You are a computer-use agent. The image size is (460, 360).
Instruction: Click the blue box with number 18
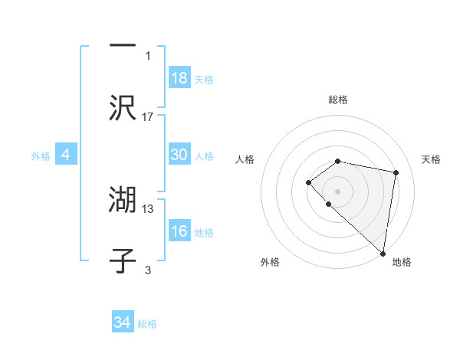coord(179,77)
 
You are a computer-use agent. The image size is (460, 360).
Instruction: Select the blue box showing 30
coord(179,155)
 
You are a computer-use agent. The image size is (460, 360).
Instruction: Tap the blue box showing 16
coord(179,231)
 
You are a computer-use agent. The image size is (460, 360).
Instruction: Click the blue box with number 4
coord(66,155)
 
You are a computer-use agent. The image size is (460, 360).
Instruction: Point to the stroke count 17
coord(148,116)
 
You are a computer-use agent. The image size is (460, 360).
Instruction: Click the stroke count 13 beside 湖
coord(148,208)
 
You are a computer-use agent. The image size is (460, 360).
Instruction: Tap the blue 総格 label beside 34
coord(147,324)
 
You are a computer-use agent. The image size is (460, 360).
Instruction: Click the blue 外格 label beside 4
coord(41,156)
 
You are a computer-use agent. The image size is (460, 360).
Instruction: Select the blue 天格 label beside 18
coord(204,80)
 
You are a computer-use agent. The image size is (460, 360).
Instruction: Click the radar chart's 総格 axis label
coord(337,100)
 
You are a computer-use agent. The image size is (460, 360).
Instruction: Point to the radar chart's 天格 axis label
coord(431,159)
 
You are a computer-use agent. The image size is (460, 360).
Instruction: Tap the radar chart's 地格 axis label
coord(402,262)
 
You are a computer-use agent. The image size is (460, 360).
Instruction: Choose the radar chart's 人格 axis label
coord(245,159)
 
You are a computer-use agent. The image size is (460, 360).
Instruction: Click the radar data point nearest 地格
coord(383,253)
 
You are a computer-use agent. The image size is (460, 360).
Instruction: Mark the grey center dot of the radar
coord(337,191)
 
